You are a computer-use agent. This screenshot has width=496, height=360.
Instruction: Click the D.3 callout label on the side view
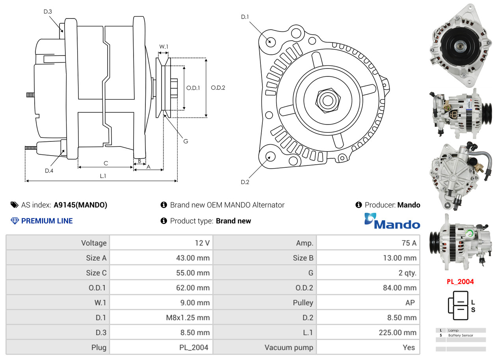click(48, 11)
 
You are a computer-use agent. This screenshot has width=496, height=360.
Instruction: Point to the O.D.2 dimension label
click(218, 88)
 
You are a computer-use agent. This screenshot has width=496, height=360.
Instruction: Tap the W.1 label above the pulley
click(163, 47)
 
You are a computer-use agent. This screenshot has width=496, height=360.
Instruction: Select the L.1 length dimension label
click(103, 176)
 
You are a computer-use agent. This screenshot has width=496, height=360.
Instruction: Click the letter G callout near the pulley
click(186, 141)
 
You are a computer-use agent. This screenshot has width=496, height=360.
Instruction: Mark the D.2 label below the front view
click(245, 182)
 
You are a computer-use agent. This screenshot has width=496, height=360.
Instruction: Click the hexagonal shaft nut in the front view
click(328, 100)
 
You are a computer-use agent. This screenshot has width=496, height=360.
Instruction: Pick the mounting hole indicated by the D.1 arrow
click(270, 42)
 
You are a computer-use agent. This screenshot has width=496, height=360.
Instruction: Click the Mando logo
click(392, 221)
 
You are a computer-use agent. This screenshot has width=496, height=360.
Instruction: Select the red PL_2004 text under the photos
click(460, 282)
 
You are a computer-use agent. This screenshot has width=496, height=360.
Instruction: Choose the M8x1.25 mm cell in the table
click(188, 317)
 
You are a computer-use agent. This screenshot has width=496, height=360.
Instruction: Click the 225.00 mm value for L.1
click(398, 332)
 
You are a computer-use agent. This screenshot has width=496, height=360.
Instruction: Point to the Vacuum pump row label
click(289, 347)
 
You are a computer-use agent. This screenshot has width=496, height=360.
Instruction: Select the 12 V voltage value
click(202, 243)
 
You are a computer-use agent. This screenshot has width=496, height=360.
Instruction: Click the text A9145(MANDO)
click(80, 205)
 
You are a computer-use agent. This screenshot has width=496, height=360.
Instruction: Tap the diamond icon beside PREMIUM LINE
click(15, 221)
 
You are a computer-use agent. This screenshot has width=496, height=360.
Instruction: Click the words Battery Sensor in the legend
click(461, 336)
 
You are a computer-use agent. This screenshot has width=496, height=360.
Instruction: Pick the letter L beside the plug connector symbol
click(473, 302)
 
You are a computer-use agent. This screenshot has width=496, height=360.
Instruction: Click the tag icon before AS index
click(15, 205)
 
